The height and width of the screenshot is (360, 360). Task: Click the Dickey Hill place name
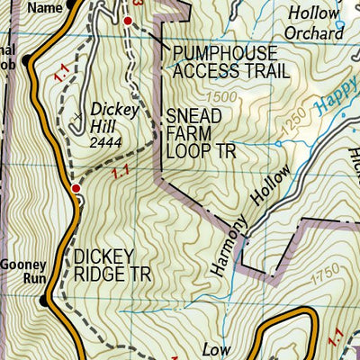point(112,112)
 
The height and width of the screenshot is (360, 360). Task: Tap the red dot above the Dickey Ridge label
point(76,188)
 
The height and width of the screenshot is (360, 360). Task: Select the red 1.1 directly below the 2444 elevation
point(121,168)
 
